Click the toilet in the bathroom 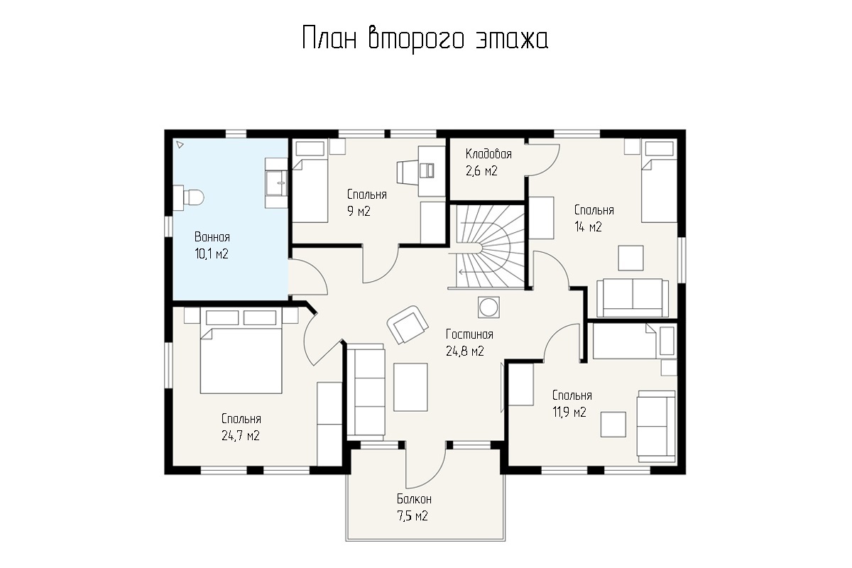point(188,197)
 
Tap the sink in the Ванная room point(276,183)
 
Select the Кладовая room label point(488,154)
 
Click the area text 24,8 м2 point(465,351)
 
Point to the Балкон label point(414,498)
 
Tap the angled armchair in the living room point(408,324)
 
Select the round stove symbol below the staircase point(488,307)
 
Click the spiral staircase point(488,247)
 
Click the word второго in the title point(416,39)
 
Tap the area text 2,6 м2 point(481,171)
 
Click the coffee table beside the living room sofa point(410,387)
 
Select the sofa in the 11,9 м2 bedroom point(657,426)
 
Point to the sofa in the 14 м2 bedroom point(633,297)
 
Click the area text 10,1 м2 point(212,253)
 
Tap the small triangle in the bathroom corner point(180,145)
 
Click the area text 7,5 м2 point(413,516)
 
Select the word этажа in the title point(512,39)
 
